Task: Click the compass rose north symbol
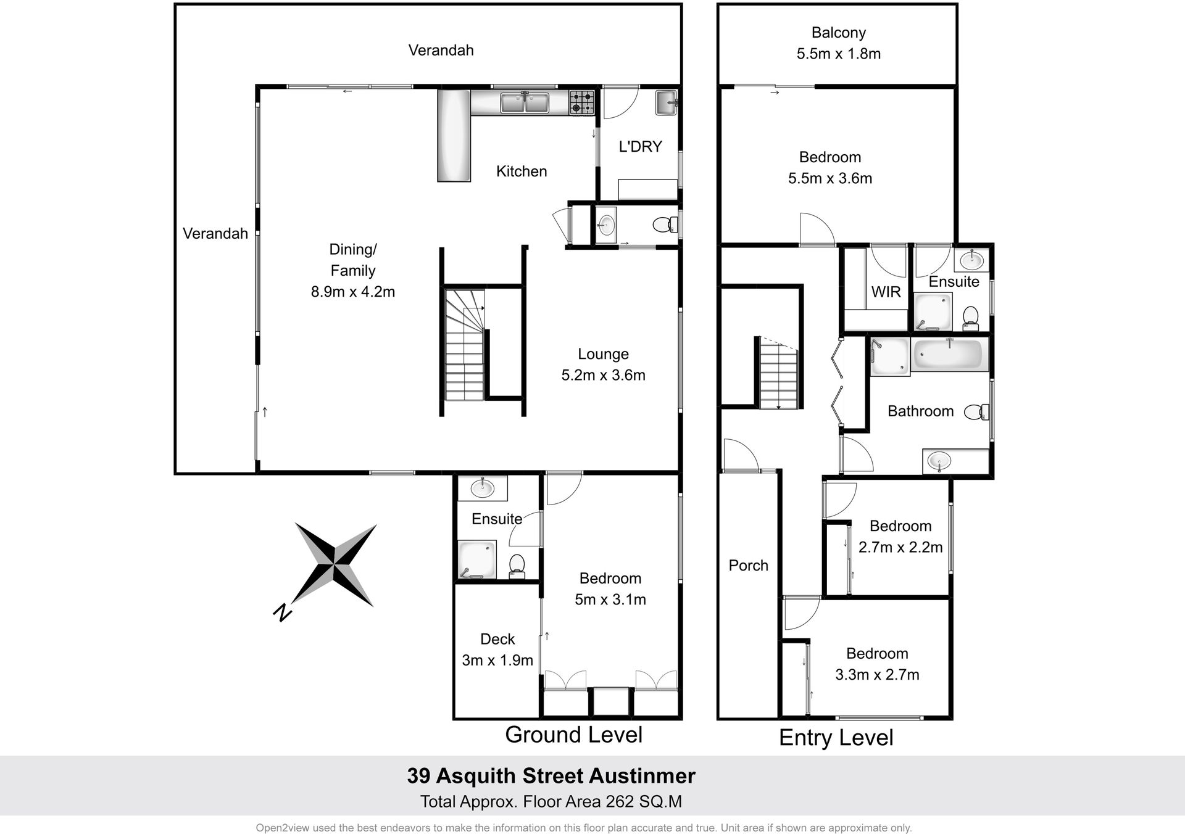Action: (x=334, y=565)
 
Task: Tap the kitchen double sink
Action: (x=525, y=102)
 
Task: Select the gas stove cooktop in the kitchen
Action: (x=581, y=102)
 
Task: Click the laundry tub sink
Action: (x=667, y=102)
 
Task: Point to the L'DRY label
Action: (x=640, y=147)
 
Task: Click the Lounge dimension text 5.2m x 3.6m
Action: (x=603, y=375)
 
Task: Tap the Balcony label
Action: (x=838, y=33)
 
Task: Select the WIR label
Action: (x=886, y=292)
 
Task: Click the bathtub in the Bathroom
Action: (x=947, y=355)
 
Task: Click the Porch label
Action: (x=748, y=566)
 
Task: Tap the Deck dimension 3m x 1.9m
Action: (x=497, y=661)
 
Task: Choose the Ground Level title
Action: (x=573, y=735)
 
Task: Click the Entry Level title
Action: (x=836, y=738)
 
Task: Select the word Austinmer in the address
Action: (x=642, y=776)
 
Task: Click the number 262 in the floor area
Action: (x=621, y=802)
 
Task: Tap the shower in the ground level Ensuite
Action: (x=476, y=560)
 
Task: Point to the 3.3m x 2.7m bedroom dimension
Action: (x=877, y=675)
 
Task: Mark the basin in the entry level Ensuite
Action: (x=971, y=258)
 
